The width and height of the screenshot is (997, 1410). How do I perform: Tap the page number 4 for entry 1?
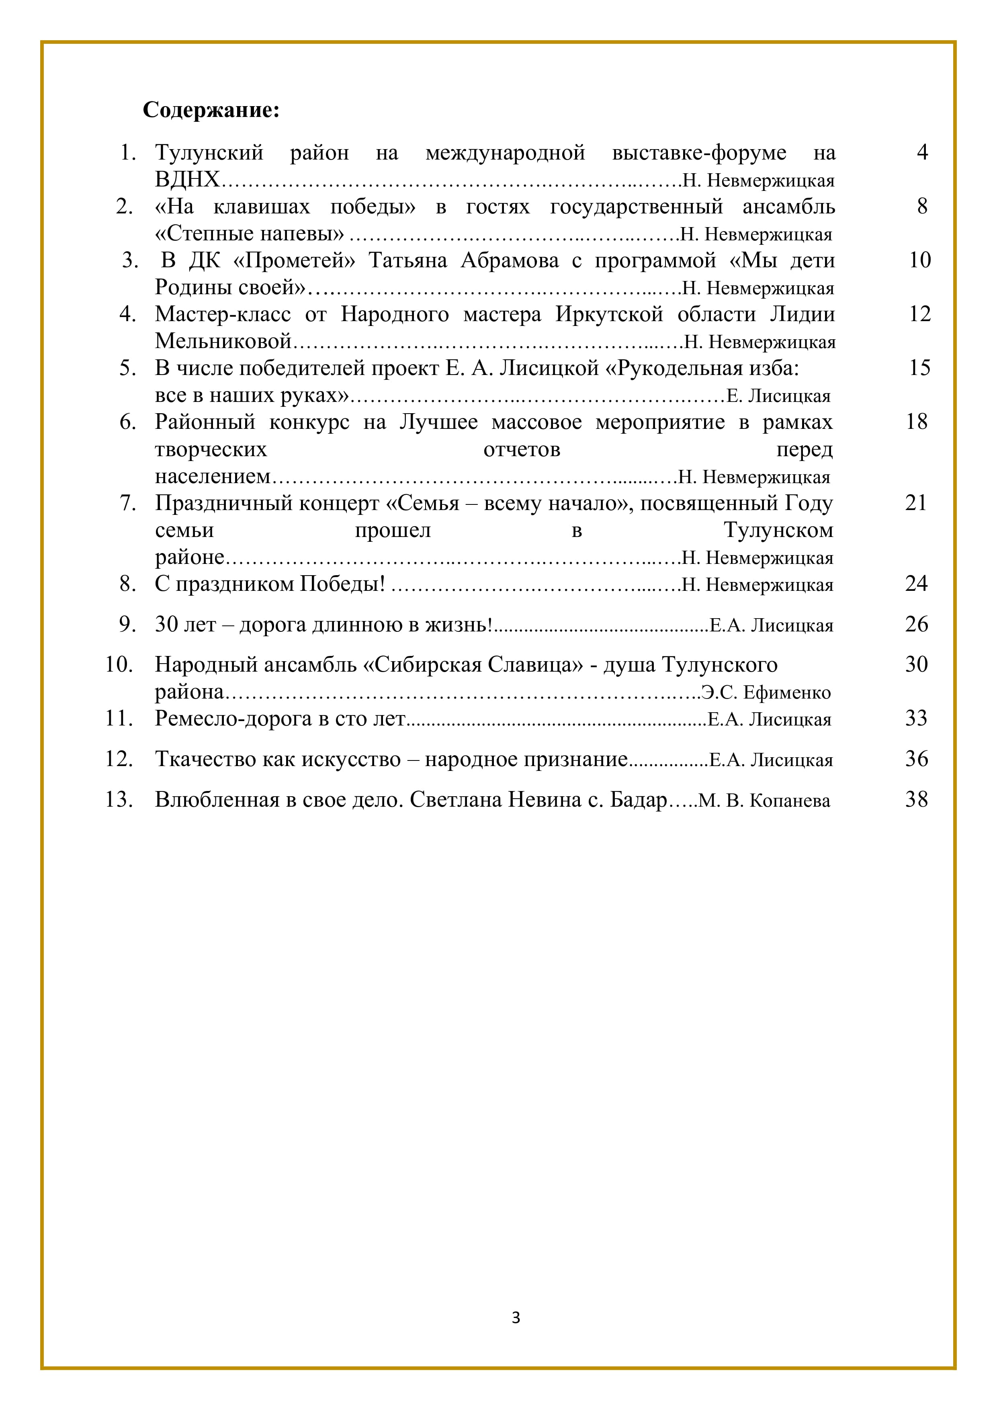pos(922,152)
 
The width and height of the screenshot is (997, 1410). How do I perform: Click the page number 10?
pos(920,260)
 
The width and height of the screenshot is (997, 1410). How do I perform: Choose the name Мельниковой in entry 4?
pos(223,341)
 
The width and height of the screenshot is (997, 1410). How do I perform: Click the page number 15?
pos(920,368)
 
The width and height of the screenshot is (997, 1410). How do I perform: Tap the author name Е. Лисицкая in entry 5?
pos(778,396)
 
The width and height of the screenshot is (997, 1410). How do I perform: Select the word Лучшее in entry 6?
pos(438,422)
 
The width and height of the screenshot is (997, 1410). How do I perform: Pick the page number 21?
pos(916,503)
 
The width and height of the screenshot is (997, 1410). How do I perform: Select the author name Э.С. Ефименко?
pos(766,693)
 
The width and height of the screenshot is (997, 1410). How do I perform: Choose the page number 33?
pos(916,718)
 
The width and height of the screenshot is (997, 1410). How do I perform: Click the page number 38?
pos(916,799)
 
